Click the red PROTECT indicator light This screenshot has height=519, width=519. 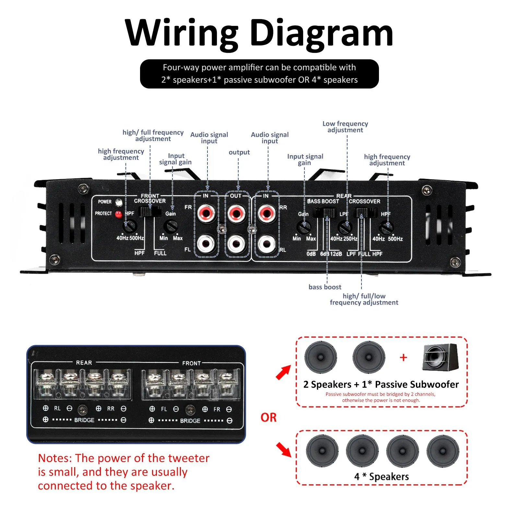pos(118,214)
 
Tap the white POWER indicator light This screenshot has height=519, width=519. pos(119,203)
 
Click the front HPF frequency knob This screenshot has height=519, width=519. pos(130,226)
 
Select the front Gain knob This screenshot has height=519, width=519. pos(171,226)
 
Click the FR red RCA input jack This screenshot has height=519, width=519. pos(206,213)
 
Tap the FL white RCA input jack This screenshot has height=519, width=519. pos(206,243)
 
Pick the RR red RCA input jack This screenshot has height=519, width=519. pos(267,213)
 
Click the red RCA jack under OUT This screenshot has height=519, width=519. pos(237,213)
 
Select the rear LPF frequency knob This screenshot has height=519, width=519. pos(345,228)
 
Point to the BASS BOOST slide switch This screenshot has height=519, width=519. pos(324,213)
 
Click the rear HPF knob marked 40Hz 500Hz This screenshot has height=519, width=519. pos(386,228)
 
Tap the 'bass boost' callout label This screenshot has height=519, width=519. pos(325,287)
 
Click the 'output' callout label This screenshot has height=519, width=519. pos(239,152)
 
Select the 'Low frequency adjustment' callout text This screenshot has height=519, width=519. pos(345,127)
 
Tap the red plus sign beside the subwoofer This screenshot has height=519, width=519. pos(403,358)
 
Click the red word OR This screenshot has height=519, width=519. pos(268,417)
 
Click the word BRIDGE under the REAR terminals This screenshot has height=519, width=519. pos(84,420)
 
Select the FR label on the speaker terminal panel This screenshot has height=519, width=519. pos(217,409)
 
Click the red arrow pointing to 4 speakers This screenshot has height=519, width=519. pos(284,450)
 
